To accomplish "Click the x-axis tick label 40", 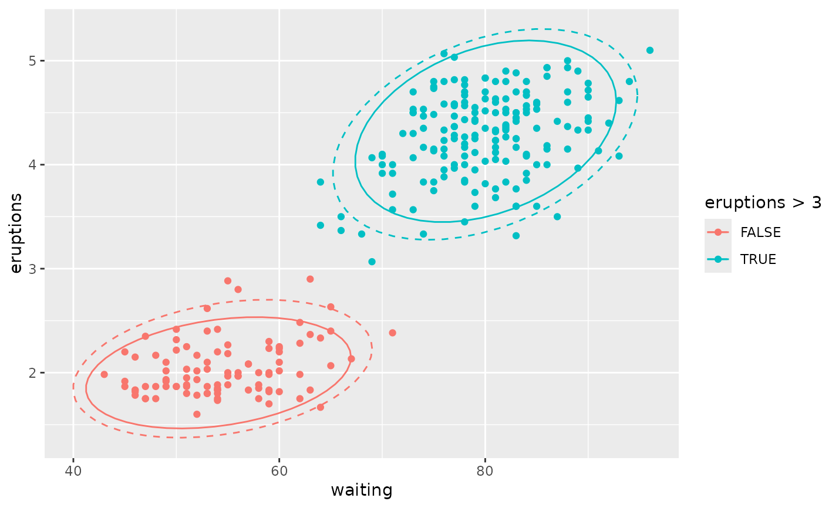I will coord(73,471).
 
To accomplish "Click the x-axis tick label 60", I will coord(279,471).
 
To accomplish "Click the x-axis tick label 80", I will coord(485,471).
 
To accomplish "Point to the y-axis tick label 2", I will coord(32,373).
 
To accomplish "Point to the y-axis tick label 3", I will coord(32,269).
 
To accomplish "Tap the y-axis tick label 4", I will coord(32,165).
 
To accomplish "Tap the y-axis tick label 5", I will coord(32,61).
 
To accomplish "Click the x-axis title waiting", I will coord(362,490).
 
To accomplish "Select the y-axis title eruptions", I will coord(16,233).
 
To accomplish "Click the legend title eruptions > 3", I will coord(762,203).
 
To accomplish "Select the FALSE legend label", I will coord(760,232).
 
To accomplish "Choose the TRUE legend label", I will coord(758,259).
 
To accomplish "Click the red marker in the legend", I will coord(718,232).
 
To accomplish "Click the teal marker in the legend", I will coord(718,259).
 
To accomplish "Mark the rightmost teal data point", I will coord(649,50).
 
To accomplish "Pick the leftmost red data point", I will coord(104,374).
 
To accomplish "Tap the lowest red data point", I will coord(197,414).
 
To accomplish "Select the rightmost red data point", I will coord(392,333).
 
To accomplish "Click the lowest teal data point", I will coord(372,262).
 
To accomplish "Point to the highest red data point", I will coord(310,279).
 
